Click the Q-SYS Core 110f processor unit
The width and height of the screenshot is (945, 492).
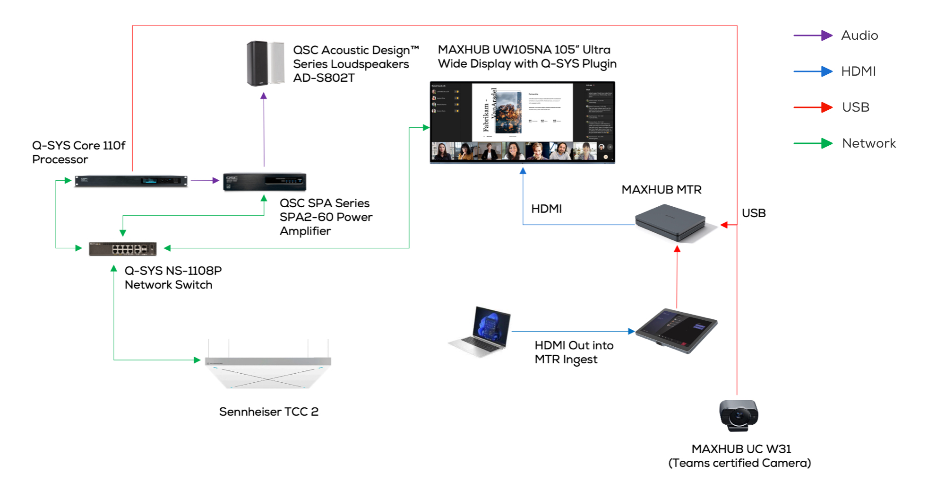(131, 181)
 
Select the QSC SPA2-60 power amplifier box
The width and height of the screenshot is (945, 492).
(265, 182)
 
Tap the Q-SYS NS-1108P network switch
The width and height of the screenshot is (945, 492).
(123, 248)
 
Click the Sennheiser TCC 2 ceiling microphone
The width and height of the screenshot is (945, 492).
(268, 371)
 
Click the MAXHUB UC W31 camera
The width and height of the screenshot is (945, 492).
(738, 415)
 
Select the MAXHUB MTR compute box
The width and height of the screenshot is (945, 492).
(671, 222)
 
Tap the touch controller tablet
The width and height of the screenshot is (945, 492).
(677, 330)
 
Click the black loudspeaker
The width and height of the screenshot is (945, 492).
(257, 63)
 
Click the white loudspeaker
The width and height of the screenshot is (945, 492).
(277, 63)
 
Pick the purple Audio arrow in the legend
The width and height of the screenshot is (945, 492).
(813, 35)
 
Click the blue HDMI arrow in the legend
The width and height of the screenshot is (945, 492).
(813, 71)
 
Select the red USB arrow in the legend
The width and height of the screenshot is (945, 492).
(813, 107)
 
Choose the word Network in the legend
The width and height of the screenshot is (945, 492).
(868, 143)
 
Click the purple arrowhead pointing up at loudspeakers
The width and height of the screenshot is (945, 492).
(264, 96)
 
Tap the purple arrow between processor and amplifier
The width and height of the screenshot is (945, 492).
(205, 180)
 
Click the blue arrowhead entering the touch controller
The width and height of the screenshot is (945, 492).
(631, 331)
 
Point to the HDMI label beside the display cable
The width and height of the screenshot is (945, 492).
(546, 209)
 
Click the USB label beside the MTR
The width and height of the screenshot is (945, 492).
(754, 213)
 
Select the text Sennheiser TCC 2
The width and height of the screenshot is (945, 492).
(268, 412)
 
